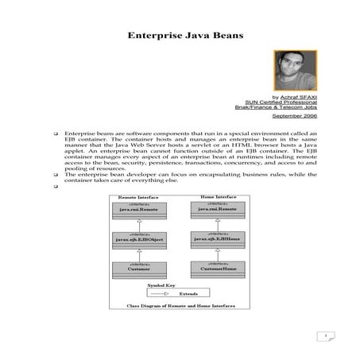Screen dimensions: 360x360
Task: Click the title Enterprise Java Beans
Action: (180, 36)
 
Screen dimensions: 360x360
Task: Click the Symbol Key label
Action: (161, 285)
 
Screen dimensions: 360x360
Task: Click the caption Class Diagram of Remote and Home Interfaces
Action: (178, 306)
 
